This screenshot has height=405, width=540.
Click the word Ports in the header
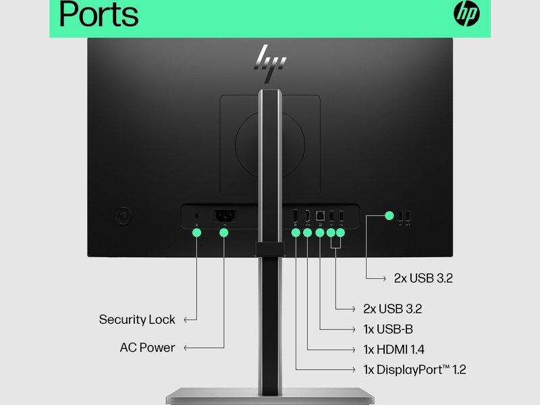click(x=99, y=15)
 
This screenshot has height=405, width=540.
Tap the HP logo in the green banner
click(x=466, y=13)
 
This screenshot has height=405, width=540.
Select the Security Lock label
click(x=136, y=319)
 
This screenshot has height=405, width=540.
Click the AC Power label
click(x=147, y=348)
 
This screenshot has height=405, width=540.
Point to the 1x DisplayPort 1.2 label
click(x=414, y=370)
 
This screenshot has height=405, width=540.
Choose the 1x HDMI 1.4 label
click(x=394, y=350)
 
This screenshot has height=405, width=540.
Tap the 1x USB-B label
click(x=388, y=329)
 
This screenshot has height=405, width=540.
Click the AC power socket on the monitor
click(x=224, y=216)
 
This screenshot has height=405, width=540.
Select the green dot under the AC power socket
click(x=224, y=233)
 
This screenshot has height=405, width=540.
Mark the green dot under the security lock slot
click(x=196, y=233)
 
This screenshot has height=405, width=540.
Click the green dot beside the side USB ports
click(x=389, y=216)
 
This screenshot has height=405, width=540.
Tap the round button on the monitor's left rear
click(x=123, y=215)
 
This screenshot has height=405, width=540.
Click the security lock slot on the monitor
click(x=196, y=216)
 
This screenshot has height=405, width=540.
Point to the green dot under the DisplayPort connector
click(x=296, y=233)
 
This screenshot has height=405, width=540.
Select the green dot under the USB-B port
click(x=319, y=233)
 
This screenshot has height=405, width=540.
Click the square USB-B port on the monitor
click(x=319, y=216)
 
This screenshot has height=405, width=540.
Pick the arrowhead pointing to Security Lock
click(x=187, y=319)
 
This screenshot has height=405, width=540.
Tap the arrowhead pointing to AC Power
click(x=187, y=348)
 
